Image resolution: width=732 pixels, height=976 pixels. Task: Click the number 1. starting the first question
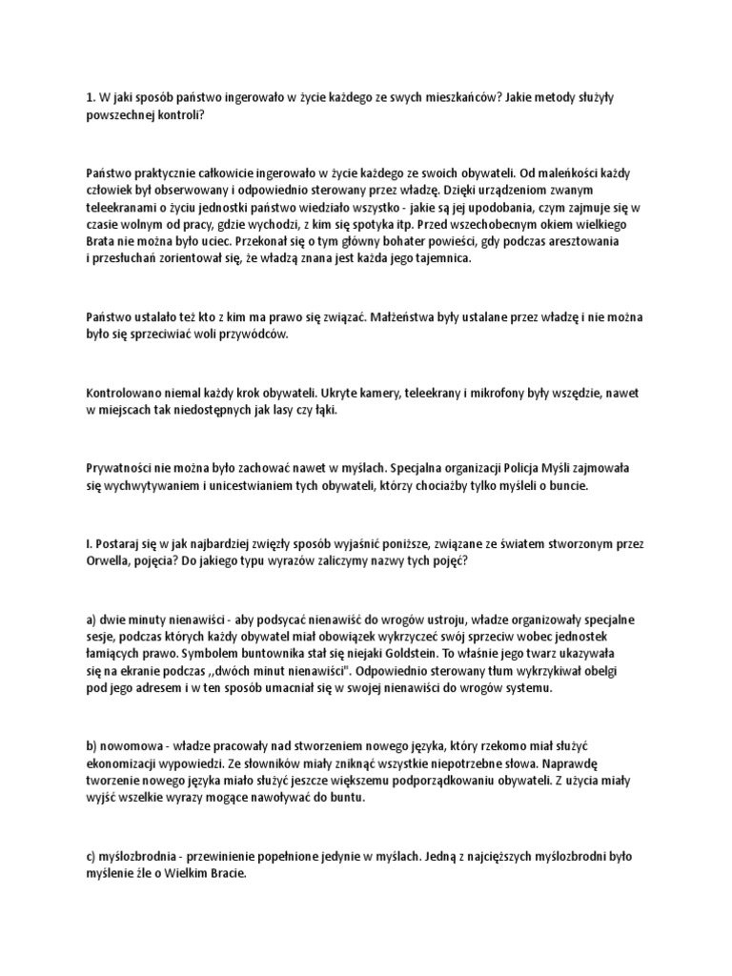91,96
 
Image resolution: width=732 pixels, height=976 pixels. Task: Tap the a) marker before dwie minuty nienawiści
91,619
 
